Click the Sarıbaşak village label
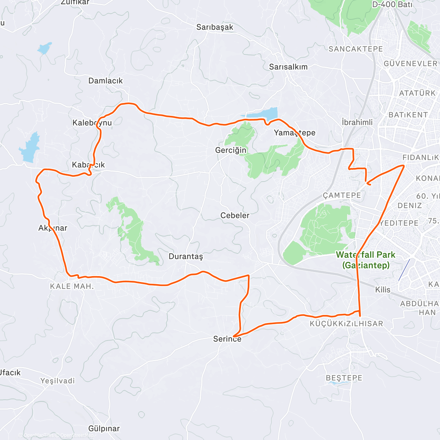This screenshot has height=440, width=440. [214, 27]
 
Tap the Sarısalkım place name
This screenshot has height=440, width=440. [288, 67]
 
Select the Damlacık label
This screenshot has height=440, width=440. [106, 81]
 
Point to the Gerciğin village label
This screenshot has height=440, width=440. [231, 150]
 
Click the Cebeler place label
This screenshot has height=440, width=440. [235, 215]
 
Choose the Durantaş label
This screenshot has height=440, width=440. [186, 256]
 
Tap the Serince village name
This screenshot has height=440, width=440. [227, 339]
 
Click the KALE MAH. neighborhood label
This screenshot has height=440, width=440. [72, 286]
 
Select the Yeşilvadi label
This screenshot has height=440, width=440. [58, 381]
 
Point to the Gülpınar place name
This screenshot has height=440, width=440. [104, 428]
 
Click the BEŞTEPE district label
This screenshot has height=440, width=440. [344, 378]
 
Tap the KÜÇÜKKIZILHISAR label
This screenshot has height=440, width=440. [346, 323]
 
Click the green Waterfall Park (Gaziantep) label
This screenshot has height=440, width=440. [366, 260]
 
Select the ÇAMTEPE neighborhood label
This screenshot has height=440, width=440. [342, 195]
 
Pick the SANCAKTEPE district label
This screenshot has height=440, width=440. [356, 49]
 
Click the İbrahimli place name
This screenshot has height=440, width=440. [357, 122]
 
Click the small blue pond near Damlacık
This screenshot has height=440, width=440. [44, 48]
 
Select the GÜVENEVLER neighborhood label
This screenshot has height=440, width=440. [410, 63]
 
